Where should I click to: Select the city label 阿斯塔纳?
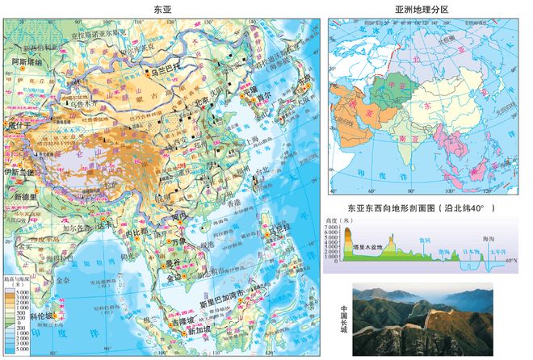point(27,60)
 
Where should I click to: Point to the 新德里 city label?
point(24,196)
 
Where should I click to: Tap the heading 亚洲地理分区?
point(421,8)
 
